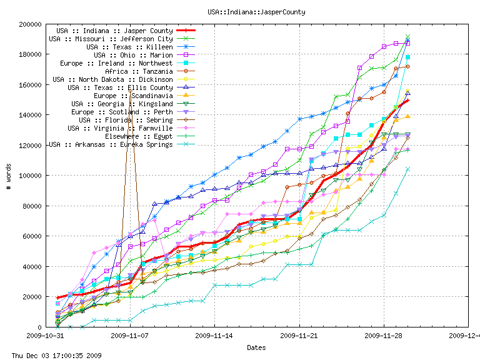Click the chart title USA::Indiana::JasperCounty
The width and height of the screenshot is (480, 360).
[x=239, y=12]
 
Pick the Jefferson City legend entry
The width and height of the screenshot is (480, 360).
[x=111, y=39]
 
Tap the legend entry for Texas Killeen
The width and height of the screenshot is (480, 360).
[x=129, y=47]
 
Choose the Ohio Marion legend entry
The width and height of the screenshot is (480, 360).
[x=133, y=55]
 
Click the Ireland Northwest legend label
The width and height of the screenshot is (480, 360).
[x=116, y=63]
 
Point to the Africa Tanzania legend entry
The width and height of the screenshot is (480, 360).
[x=139, y=71]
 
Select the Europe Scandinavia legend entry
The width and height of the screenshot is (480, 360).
[x=133, y=96]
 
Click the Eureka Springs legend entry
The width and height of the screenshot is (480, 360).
[x=111, y=144]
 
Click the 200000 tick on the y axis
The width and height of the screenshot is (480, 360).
[x=29, y=24]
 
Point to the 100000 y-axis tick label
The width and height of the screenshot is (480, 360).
[x=29, y=176]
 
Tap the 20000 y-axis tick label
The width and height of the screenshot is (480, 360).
[x=31, y=297]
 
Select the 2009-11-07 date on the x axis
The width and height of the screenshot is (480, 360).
[x=130, y=336]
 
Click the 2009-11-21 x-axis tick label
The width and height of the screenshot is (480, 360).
[x=300, y=336]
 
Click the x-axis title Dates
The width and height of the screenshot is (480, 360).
[x=256, y=347]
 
